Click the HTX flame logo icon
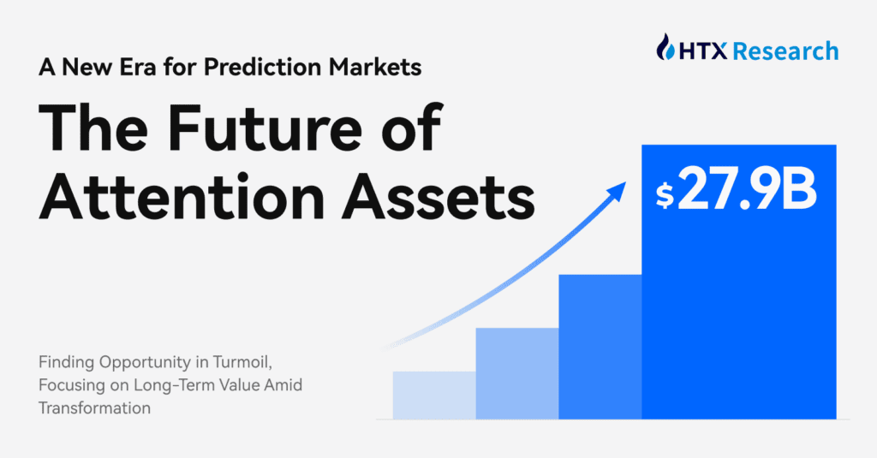pos(665,48)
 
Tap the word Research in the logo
pos(786,51)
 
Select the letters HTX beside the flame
pos(702,51)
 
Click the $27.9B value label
pos(737,193)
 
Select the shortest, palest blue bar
pos(433,395)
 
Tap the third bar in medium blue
pos(600,346)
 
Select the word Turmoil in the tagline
pos(254,362)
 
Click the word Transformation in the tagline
pos(94,408)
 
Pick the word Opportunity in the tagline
pos(145,362)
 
